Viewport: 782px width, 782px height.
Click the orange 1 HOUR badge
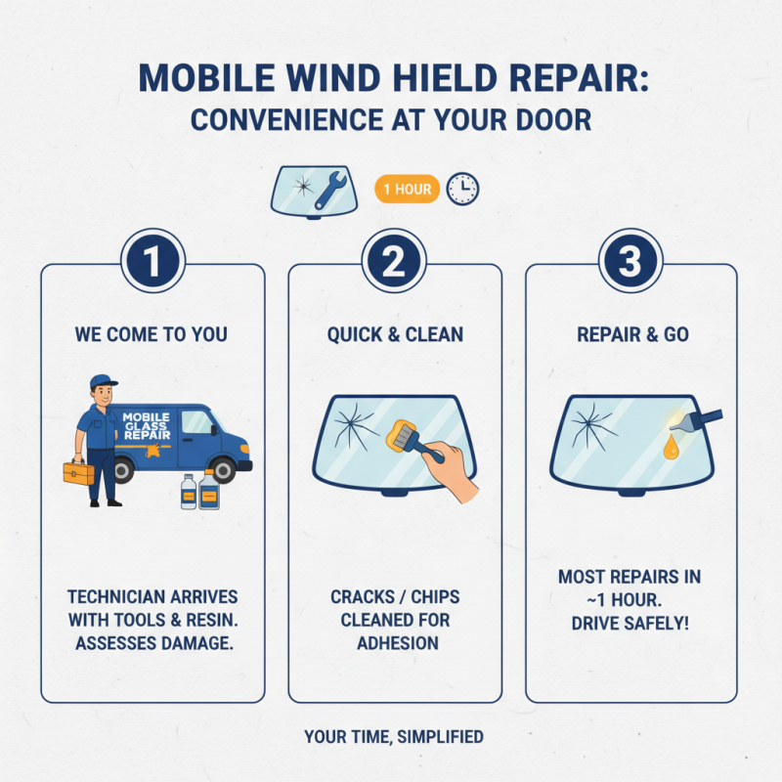point(407,190)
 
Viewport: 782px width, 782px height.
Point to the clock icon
point(462,189)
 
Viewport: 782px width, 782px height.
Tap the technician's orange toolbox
point(78,473)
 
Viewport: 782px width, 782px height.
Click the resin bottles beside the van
point(199,491)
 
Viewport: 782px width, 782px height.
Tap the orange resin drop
point(671,449)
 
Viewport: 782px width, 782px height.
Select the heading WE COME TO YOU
point(152,334)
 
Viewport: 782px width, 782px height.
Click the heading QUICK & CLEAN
point(395,334)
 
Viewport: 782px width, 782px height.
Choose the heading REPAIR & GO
point(631,334)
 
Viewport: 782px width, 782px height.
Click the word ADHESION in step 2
point(395,643)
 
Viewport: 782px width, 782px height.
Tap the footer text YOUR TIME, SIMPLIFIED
point(394,736)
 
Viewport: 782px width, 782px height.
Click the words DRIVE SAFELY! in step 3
point(630,622)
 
